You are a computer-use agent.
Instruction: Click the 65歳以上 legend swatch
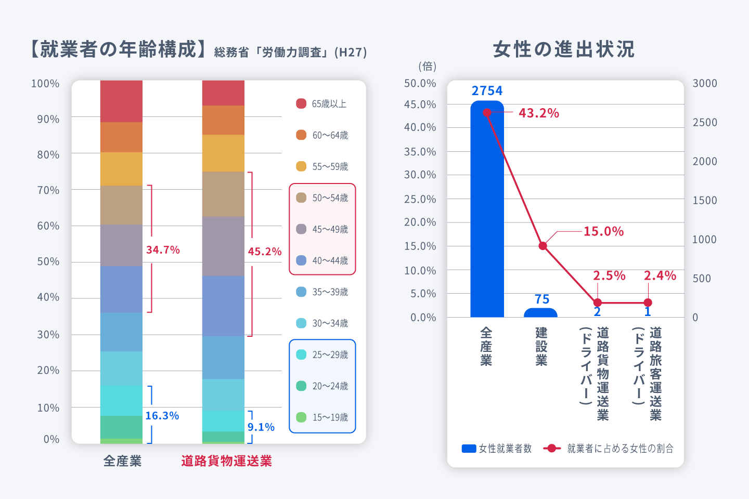[301, 103]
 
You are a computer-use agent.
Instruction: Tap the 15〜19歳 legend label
[330, 417]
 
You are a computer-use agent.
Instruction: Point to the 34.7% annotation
[163, 250]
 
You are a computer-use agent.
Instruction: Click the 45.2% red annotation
[264, 252]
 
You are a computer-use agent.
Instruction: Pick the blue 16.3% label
[162, 416]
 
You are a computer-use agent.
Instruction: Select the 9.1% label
[261, 427]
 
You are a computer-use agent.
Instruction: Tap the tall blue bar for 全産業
[487, 218]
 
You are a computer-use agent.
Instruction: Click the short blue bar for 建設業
[540, 313]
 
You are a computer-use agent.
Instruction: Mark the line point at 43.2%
[487, 113]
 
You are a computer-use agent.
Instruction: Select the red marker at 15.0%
[543, 246]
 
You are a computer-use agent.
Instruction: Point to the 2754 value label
[487, 91]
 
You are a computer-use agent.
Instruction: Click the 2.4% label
[660, 275]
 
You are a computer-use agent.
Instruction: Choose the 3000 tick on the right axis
[705, 84]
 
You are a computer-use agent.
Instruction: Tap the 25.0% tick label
[420, 199]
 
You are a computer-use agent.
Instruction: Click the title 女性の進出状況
[564, 49]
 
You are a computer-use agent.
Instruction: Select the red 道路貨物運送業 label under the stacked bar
[226, 461]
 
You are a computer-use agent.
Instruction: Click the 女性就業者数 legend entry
[497, 448]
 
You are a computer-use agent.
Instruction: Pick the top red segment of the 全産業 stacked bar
[121, 101]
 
